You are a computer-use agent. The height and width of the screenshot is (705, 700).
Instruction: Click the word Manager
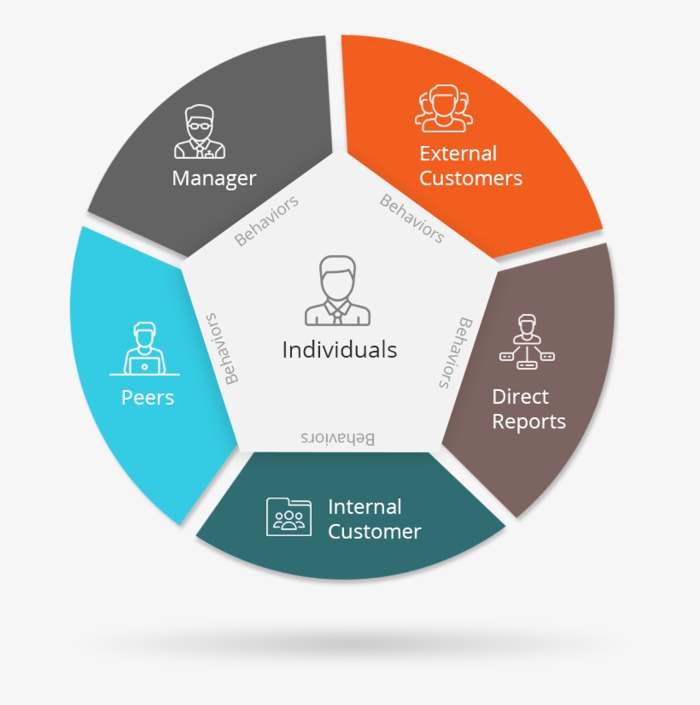[213, 178]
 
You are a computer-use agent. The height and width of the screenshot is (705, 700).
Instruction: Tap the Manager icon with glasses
[200, 132]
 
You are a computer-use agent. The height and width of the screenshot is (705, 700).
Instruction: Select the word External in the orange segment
[458, 154]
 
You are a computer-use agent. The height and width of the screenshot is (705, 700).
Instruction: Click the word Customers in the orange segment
[470, 178]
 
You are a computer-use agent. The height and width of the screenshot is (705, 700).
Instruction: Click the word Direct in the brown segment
[521, 397]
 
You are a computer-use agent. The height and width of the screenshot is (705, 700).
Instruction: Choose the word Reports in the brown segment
[528, 422]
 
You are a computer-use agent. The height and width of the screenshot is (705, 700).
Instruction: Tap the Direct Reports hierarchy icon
[527, 342]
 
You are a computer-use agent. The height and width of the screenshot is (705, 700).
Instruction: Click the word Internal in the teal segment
[365, 506]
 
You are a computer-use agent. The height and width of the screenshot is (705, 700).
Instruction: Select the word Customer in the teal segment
[374, 532]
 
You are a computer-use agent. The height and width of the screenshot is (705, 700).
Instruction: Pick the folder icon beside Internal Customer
[289, 516]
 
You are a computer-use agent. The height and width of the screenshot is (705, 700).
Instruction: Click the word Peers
[148, 397]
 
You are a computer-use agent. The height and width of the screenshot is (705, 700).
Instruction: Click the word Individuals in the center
[339, 349]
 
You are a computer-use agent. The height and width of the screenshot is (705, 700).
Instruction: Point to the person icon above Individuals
[339, 290]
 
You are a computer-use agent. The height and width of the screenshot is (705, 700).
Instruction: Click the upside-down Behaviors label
[337, 438]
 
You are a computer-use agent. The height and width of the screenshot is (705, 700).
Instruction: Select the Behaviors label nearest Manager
[267, 220]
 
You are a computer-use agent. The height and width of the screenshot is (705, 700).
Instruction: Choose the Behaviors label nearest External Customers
[411, 218]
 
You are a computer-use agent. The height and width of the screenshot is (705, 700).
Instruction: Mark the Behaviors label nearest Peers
[219, 347]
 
